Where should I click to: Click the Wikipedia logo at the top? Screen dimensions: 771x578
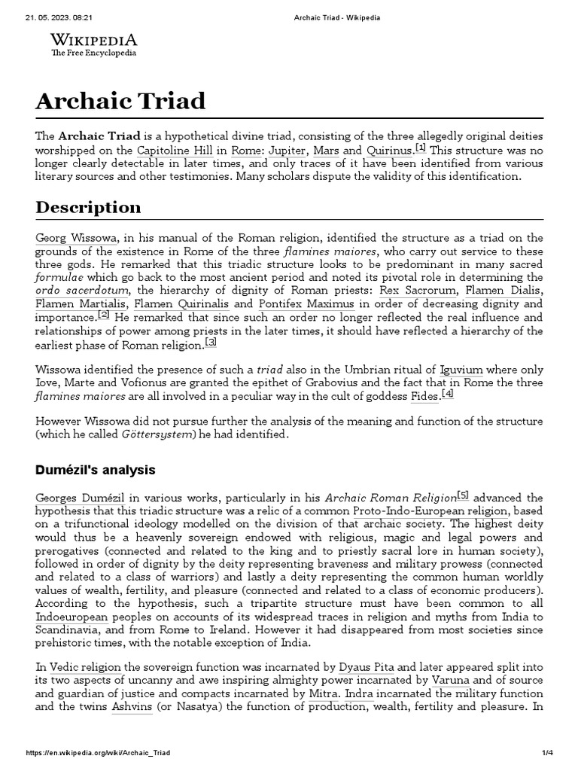[x=93, y=44]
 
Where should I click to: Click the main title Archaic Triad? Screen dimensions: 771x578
[x=120, y=100]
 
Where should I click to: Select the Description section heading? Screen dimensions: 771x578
[x=88, y=207]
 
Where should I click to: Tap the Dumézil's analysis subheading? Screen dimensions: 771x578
[x=95, y=470]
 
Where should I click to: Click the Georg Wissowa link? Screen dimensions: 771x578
[x=76, y=238]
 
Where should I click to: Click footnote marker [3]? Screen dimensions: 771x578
[x=211, y=343]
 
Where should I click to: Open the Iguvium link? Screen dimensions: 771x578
[x=461, y=370]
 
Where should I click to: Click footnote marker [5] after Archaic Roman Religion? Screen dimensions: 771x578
[x=463, y=495]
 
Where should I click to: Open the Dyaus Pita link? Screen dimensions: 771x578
[x=368, y=667]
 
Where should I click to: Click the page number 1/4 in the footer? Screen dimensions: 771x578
[x=547, y=753]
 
